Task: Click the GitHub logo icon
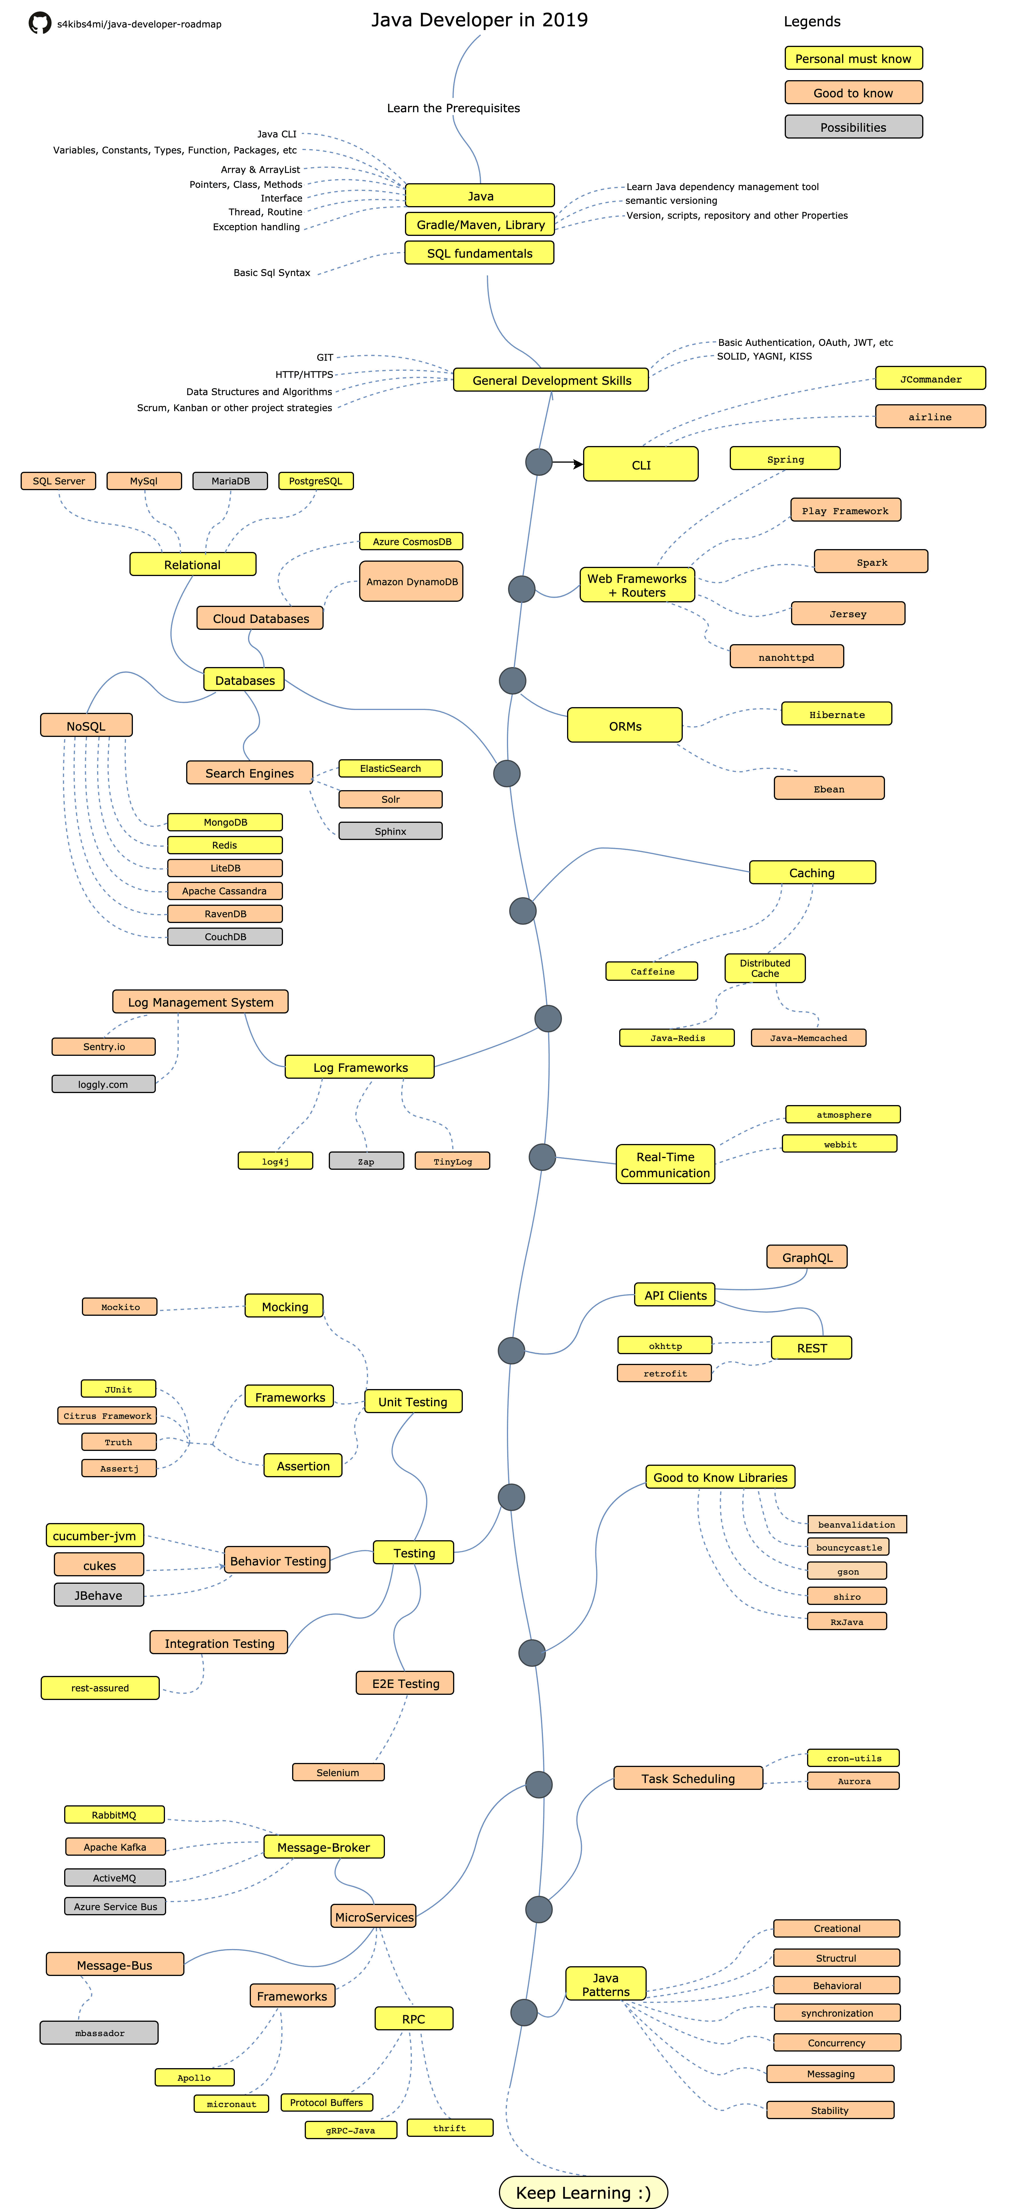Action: pos(40,23)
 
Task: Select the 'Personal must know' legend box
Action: pos(853,58)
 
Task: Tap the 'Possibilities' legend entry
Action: pos(853,127)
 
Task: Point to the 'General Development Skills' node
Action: pos(551,380)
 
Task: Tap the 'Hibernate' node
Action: pos(837,714)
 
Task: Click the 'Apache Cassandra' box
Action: pos(225,891)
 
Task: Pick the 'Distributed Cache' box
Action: pos(764,968)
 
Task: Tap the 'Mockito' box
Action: pos(120,1307)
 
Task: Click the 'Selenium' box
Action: pos(338,1772)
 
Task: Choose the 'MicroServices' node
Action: pos(374,1917)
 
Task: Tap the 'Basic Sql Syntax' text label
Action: pos(272,273)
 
